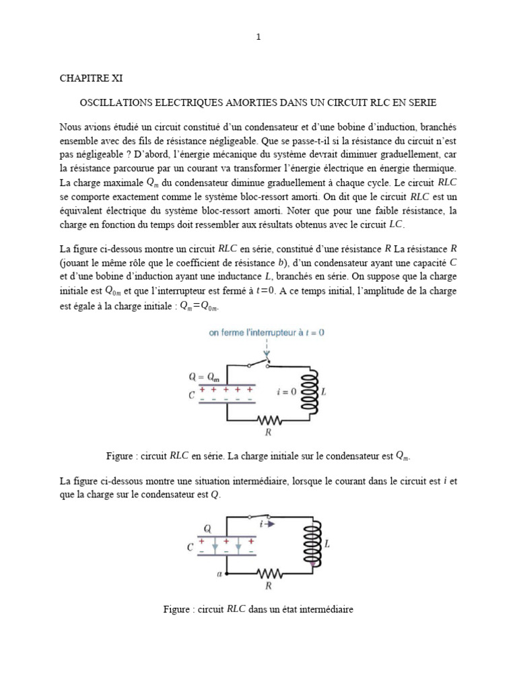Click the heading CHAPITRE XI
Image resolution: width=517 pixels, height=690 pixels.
click(89, 78)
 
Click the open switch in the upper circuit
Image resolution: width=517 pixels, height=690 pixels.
click(258, 364)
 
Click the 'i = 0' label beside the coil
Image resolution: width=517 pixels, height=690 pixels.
click(287, 391)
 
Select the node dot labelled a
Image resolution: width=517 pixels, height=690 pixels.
click(227, 573)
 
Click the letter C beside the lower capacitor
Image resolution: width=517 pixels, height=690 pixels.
click(191, 548)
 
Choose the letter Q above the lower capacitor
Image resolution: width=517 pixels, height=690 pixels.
click(207, 529)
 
